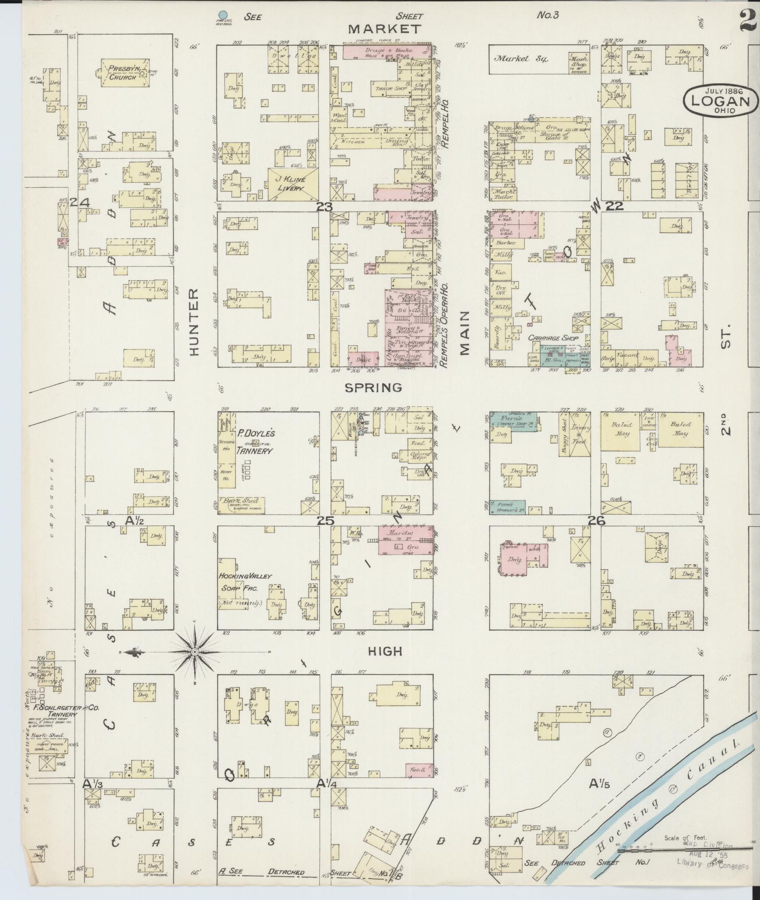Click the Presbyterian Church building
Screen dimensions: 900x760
[x=123, y=72]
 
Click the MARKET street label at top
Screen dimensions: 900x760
[x=384, y=29]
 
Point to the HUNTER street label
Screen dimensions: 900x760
[x=194, y=322]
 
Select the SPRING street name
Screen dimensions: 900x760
[x=373, y=387]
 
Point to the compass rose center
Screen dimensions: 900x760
[x=195, y=652]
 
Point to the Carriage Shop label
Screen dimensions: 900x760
[x=553, y=338]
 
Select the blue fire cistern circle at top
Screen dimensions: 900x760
[x=223, y=15]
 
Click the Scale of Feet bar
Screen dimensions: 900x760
[x=672, y=851]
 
